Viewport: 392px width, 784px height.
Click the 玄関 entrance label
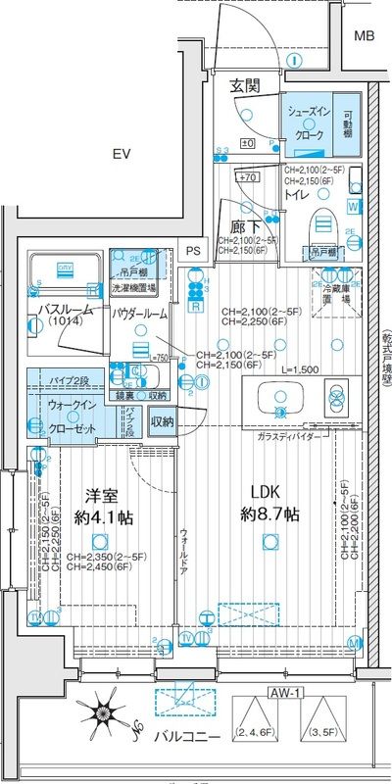[245, 86]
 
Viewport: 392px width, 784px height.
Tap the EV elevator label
[122, 154]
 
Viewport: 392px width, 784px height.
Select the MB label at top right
[364, 37]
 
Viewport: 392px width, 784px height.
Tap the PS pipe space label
[193, 250]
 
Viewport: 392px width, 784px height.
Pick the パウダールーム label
[139, 313]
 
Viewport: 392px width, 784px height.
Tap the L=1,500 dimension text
[300, 370]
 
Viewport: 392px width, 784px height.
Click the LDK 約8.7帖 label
[270, 503]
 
